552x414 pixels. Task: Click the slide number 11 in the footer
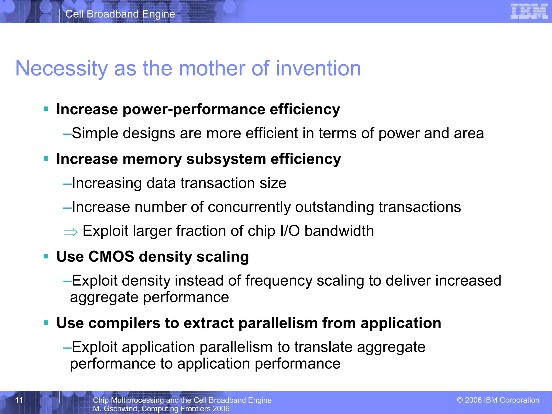click(19, 400)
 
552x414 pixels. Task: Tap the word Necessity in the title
click(61, 69)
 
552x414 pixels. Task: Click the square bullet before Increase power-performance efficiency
click(46, 109)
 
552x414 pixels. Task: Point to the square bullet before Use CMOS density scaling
click(46, 256)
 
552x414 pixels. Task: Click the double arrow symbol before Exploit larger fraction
click(70, 232)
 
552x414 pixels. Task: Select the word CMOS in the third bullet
click(111, 256)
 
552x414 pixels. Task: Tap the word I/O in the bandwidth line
click(290, 231)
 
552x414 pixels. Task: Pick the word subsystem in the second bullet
click(226, 159)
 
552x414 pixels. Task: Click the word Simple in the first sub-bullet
click(95, 133)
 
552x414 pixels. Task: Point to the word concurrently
click(249, 207)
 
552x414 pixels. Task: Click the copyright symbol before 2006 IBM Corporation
click(460, 400)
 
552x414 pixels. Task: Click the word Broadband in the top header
click(113, 14)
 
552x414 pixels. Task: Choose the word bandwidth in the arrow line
click(339, 231)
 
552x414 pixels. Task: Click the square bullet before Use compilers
click(46, 323)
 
